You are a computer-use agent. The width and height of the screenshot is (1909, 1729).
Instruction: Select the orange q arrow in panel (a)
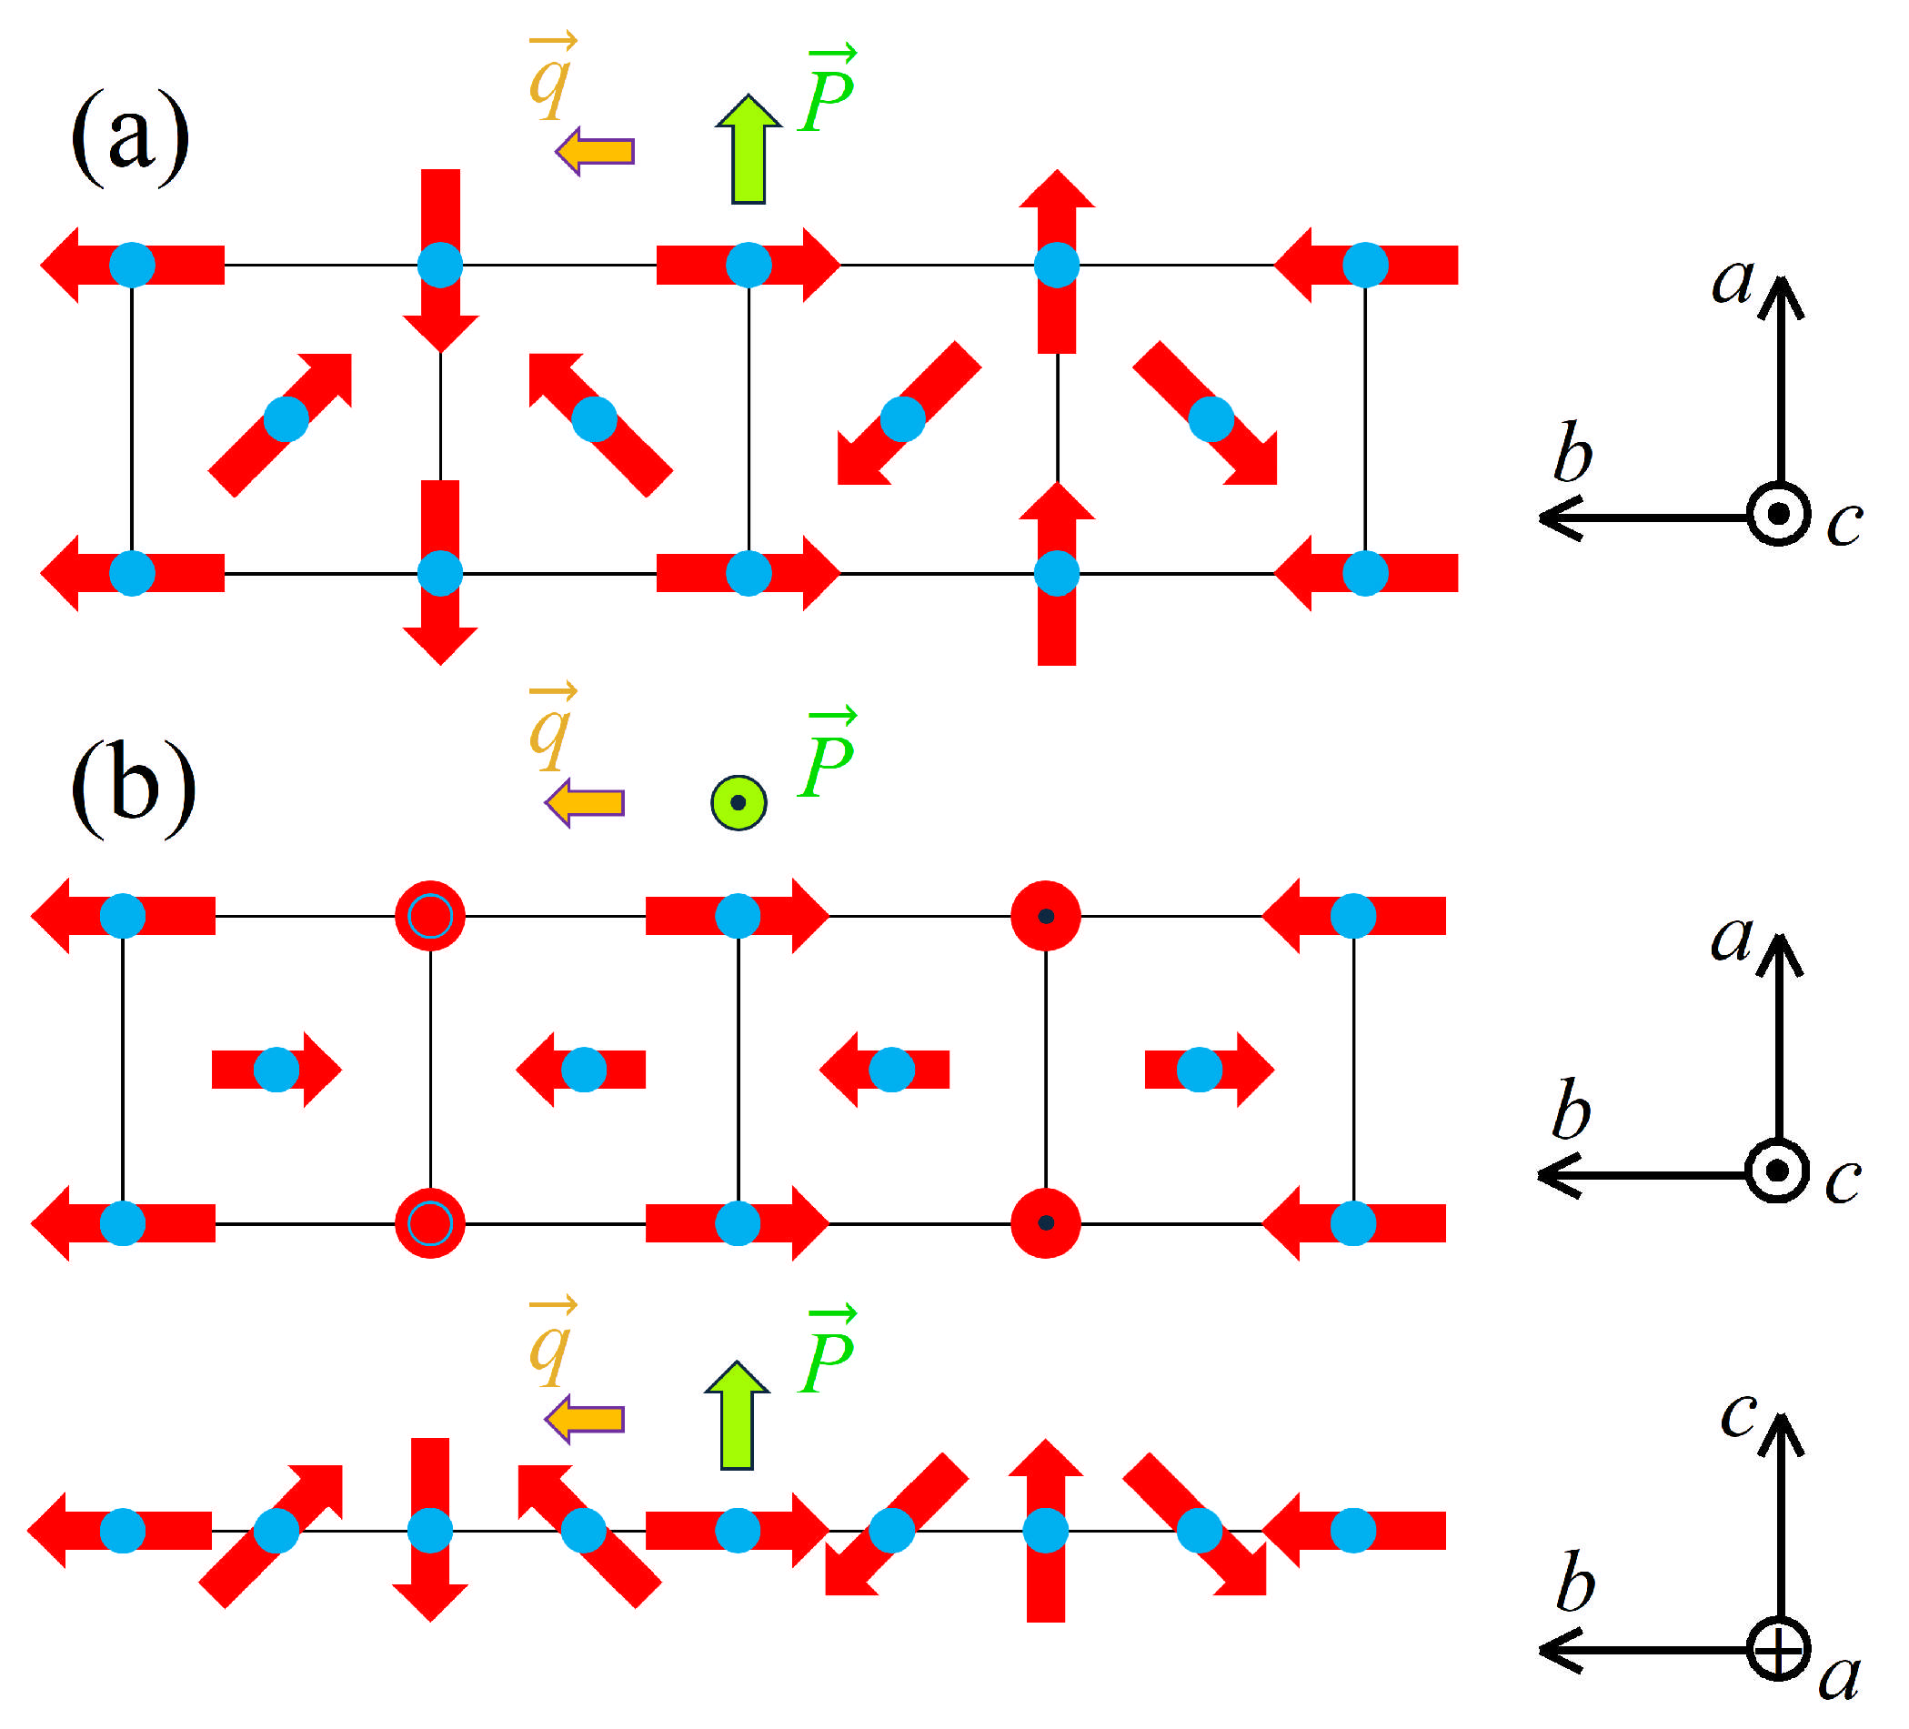[x=595, y=152]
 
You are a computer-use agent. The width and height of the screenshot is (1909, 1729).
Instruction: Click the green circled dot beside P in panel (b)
[x=738, y=803]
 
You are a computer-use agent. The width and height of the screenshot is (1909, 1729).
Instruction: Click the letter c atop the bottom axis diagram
[x=1738, y=1416]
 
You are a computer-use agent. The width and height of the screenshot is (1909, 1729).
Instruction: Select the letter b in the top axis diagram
[x=1572, y=454]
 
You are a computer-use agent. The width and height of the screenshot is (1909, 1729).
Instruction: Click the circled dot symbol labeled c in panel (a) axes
[x=1778, y=514]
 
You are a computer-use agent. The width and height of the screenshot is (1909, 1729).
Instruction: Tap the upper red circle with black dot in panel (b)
[x=1045, y=917]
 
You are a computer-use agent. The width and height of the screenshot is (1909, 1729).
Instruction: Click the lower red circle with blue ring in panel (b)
[x=430, y=1223]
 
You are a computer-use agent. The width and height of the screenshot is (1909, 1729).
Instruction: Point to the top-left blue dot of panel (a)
[x=132, y=266]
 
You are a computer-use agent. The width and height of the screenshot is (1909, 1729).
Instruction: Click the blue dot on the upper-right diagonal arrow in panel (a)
[x=286, y=419]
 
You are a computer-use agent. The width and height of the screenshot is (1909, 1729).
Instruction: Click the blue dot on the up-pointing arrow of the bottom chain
[x=1045, y=1531]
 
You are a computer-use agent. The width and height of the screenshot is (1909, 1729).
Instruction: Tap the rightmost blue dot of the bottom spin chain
[x=1353, y=1531]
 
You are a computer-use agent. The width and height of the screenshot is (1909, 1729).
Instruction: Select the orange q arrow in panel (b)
[x=585, y=803]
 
